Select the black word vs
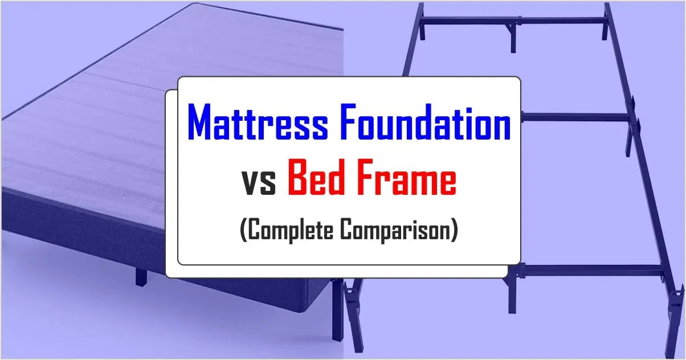coord(261,182)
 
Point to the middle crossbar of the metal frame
coord(575,117)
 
